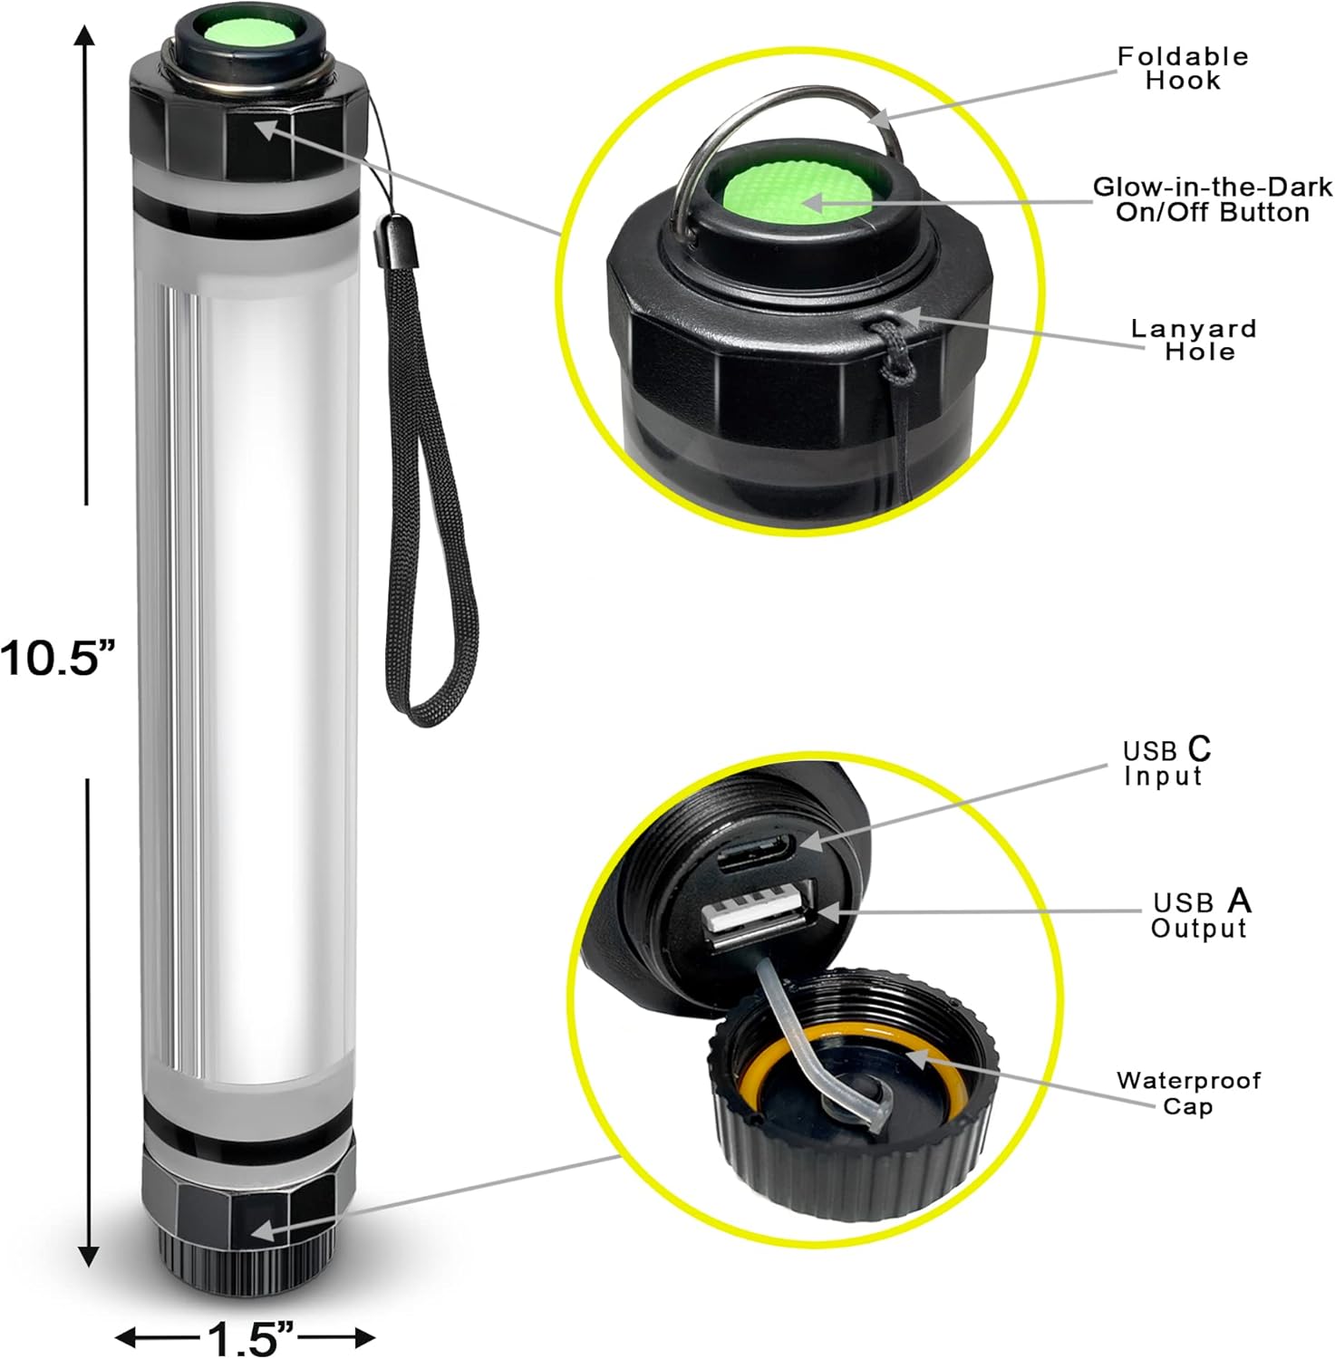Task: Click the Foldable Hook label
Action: [x=1182, y=69]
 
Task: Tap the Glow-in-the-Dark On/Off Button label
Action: [x=1212, y=199]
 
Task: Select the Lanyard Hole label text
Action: [x=1194, y=340]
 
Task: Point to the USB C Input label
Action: [x=1166, y=763]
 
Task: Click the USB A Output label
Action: [x=1200, y=914]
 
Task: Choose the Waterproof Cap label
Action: [x=1187, y=1093]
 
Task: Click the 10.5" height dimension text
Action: [x=60, y=658]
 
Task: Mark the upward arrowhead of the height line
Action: [x=86, y=37]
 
